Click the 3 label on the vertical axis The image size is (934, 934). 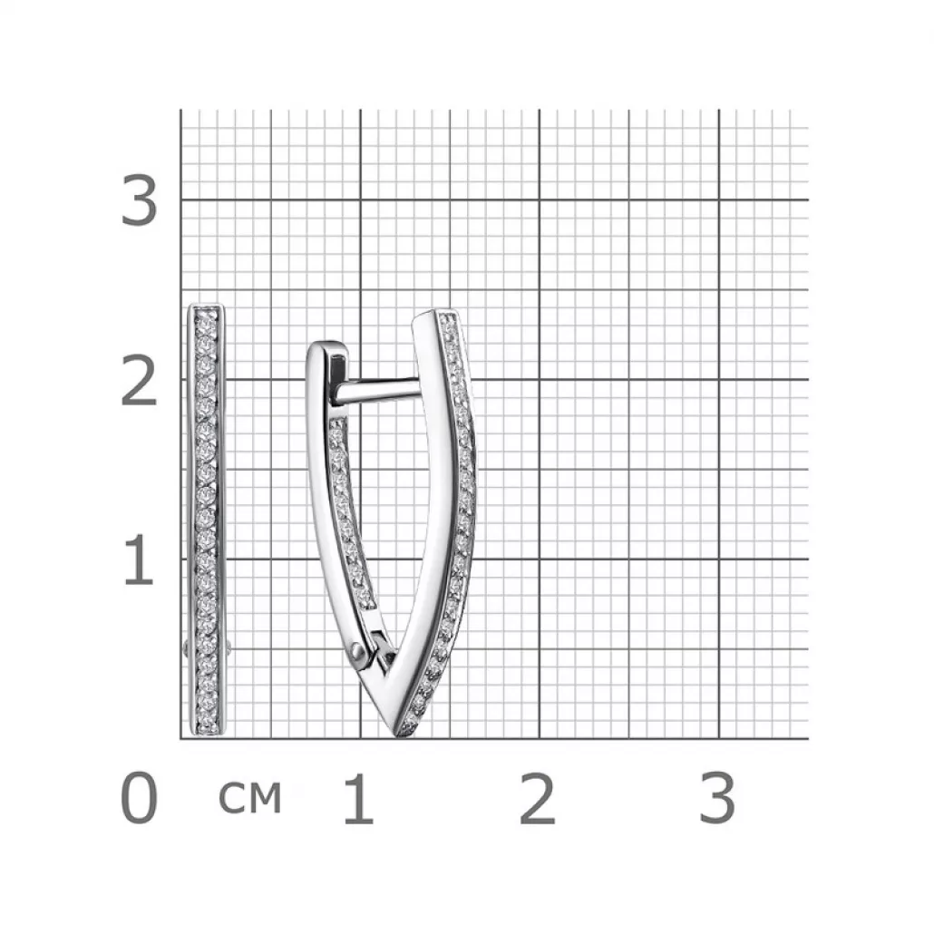coord(140,200)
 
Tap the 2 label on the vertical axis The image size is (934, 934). coord(140,380)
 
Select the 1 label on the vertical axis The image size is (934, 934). coord(140,559)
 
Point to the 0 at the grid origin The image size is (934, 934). coord(140,798)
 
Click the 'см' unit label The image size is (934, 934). coord(249,798)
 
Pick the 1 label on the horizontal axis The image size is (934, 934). coord(358,798)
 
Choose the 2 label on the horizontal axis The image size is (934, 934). coord(538,798)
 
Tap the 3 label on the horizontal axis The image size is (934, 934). coord(717,798)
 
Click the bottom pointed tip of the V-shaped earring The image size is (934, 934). coord(398,736)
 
